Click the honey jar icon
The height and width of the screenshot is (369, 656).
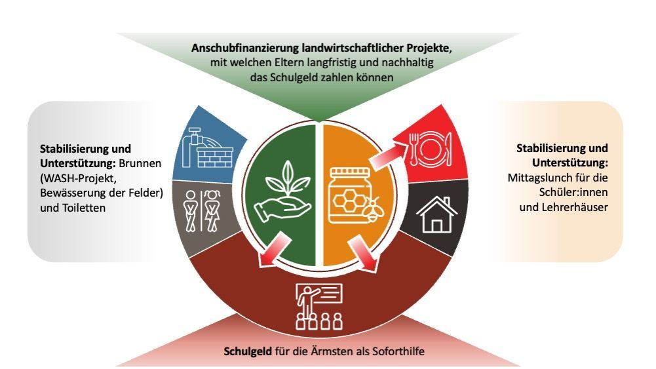click(351, 193)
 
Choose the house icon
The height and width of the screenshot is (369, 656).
click(434, 214)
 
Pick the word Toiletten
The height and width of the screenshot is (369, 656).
click(83, 208)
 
